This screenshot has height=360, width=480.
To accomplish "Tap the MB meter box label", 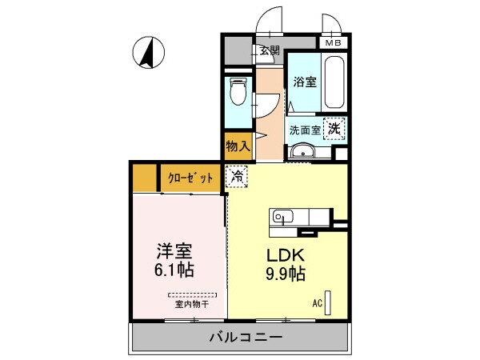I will click(331, 43).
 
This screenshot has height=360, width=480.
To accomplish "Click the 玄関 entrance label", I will click(269, 51).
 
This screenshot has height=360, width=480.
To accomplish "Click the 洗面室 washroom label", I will click(305, 128).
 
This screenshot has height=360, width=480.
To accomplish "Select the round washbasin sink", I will click(302, 154).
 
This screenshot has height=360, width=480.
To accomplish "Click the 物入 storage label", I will click(238, 146).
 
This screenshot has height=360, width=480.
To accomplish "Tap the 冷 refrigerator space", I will click(238, 175).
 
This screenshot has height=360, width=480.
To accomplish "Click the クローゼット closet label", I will click(190, 178).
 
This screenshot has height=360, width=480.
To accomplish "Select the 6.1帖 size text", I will click(175, 270).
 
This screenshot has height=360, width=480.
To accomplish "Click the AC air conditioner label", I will click(318, 304).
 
